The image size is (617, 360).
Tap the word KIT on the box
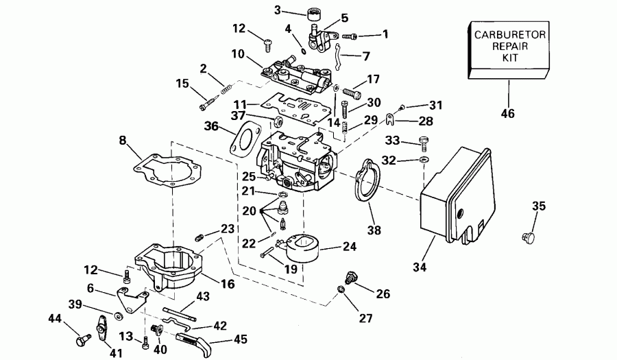coord(509,59)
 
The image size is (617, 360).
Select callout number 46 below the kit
coord(509,114)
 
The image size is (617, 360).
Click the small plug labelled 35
coord(529,237)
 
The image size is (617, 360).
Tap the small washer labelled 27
coord(341,293)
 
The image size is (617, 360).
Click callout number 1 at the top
coord(385,33)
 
